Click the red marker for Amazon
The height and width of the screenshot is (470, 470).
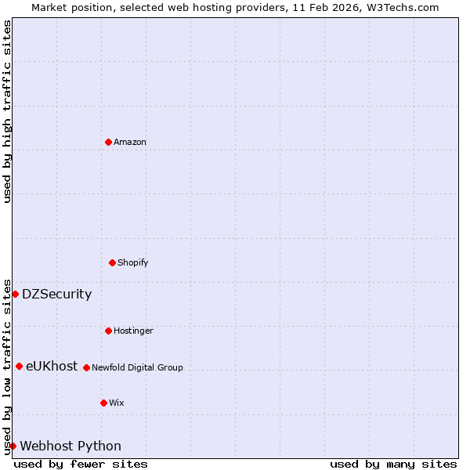click(108, 142)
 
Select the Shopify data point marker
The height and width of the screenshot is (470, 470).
click(112, 262)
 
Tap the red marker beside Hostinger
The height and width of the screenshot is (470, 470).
click(108, 331)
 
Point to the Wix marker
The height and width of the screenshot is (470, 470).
click(103, 403)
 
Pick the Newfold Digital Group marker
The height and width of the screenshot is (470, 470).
click(86, 367)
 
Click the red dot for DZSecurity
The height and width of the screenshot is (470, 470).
click(15, 294)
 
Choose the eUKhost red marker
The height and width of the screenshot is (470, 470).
click(19, 366)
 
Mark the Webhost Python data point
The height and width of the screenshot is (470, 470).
click(13, 446)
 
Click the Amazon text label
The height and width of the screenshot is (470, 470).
click(130, 142)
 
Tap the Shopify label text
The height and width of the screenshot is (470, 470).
click(133, 262)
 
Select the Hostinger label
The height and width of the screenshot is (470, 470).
click(133, 331)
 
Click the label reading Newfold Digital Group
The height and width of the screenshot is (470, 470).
click(137, 367)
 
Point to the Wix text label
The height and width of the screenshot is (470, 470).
click(117, 403)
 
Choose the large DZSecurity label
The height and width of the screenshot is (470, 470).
click(56, 295)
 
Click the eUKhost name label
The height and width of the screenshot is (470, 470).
click(52, 366)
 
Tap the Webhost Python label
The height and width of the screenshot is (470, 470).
click(70, 446)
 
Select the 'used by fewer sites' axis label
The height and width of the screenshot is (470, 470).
click(81, 464)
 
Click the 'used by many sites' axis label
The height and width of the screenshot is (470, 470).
click(393, 464)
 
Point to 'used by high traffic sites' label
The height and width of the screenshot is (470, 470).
click(7, 111)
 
